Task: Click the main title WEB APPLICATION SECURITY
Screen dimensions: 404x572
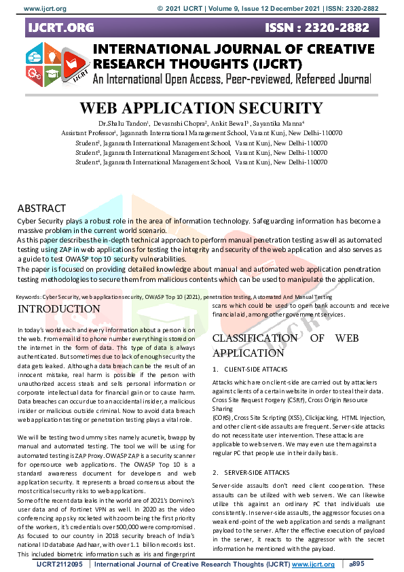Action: tap(201, 109)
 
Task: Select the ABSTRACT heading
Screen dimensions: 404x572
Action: tap(41, 208)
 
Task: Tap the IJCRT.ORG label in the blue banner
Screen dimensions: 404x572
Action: tap(60, 28)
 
